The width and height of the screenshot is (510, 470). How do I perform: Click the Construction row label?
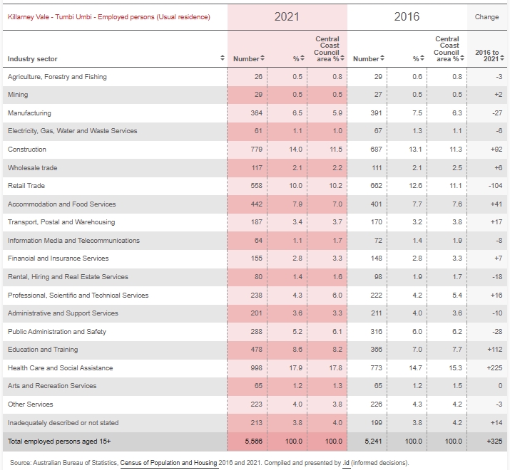[27, 150]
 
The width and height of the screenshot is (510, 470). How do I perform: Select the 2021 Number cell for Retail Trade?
[256, 186]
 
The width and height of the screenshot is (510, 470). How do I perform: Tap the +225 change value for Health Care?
[494, 368]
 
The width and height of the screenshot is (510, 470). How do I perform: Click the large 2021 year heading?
[287, 16]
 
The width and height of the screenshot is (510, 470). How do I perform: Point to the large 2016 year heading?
[407, 16]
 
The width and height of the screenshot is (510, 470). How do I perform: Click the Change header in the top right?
[486, 17]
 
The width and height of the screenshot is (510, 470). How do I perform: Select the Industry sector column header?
[33, 59]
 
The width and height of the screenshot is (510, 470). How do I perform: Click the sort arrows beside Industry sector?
[223, 58]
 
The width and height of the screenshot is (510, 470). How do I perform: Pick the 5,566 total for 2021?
[253, 442]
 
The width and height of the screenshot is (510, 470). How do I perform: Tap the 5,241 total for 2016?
[373, 442]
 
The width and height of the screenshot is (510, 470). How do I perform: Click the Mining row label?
[18, 95]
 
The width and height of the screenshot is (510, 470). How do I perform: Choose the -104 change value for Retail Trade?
[495, 186]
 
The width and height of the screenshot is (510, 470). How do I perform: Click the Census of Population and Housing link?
[168, 463]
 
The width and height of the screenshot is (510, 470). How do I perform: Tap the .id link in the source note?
[346, 463]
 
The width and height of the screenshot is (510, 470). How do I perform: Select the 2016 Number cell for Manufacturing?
[377, 113]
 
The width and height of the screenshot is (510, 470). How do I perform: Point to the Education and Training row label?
[43, 350]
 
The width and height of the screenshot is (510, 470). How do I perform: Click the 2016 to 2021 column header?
[487, 56]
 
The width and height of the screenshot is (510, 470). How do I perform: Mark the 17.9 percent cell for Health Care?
[295, 368]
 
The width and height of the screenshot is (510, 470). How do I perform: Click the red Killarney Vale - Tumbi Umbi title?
[109, 17]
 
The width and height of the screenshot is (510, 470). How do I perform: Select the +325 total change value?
[494, 442]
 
